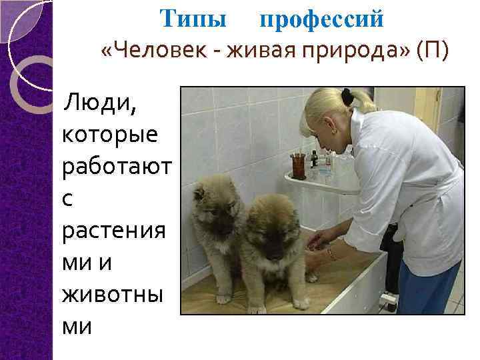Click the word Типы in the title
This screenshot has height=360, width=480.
pyautogui.click(x=193, y=19)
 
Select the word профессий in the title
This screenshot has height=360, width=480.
pyautogui.click(x=321, y=20)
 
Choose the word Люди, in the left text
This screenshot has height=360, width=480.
pyautogui.click(x=98, y=103)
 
